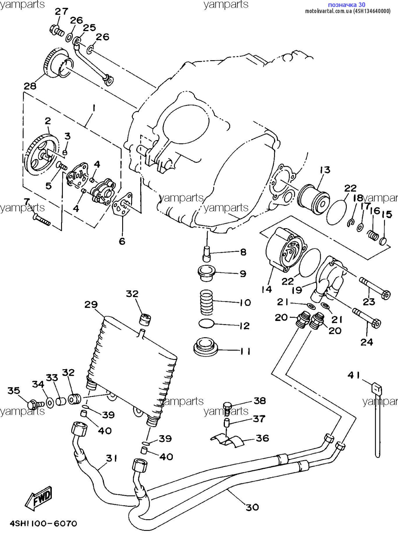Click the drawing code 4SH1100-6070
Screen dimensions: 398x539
coord(43,523)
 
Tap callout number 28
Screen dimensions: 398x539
coord(30,86)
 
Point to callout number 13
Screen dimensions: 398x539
coord(325,170)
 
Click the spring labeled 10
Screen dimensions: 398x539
coord(207,302)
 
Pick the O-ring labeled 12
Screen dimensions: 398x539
coord(207,323)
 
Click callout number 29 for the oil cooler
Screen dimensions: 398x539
coord(91,305)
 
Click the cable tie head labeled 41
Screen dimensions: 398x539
coord(377,389)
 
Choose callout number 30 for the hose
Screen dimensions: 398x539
coord(252,507)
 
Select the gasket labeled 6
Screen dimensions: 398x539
coord(122,204)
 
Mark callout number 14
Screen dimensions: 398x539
coord(266,289)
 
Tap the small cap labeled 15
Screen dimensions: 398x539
coord(383,240)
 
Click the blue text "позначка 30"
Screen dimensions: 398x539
coord(346,4)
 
